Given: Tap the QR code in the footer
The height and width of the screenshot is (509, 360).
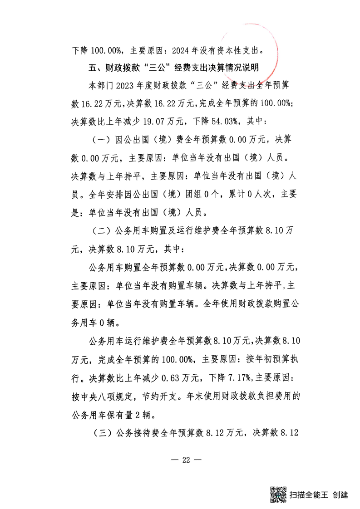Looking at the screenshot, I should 278,494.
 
